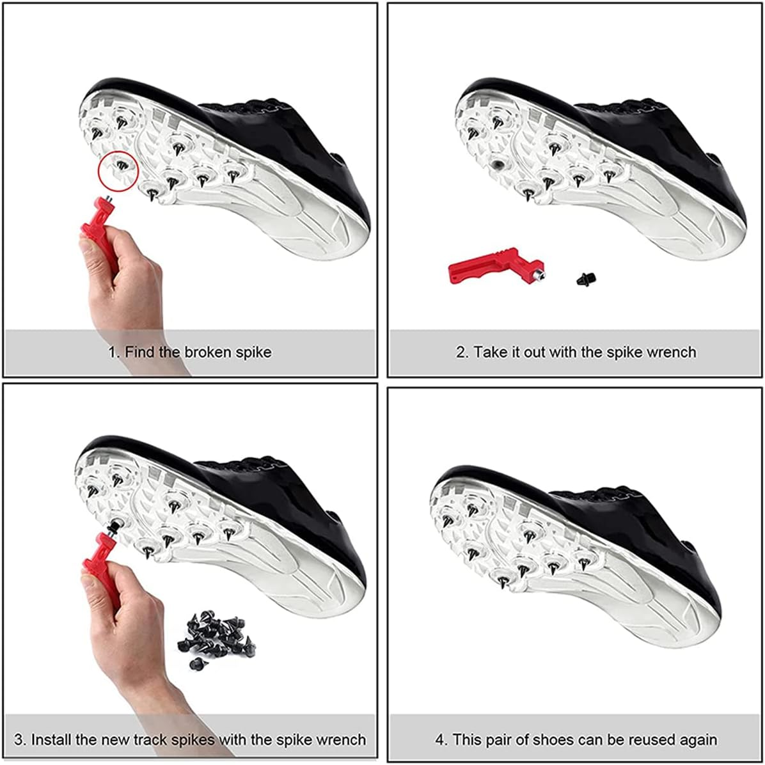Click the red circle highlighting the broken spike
[118, 171]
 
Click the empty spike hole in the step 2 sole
[496, 165]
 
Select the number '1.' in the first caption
[113, 352]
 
